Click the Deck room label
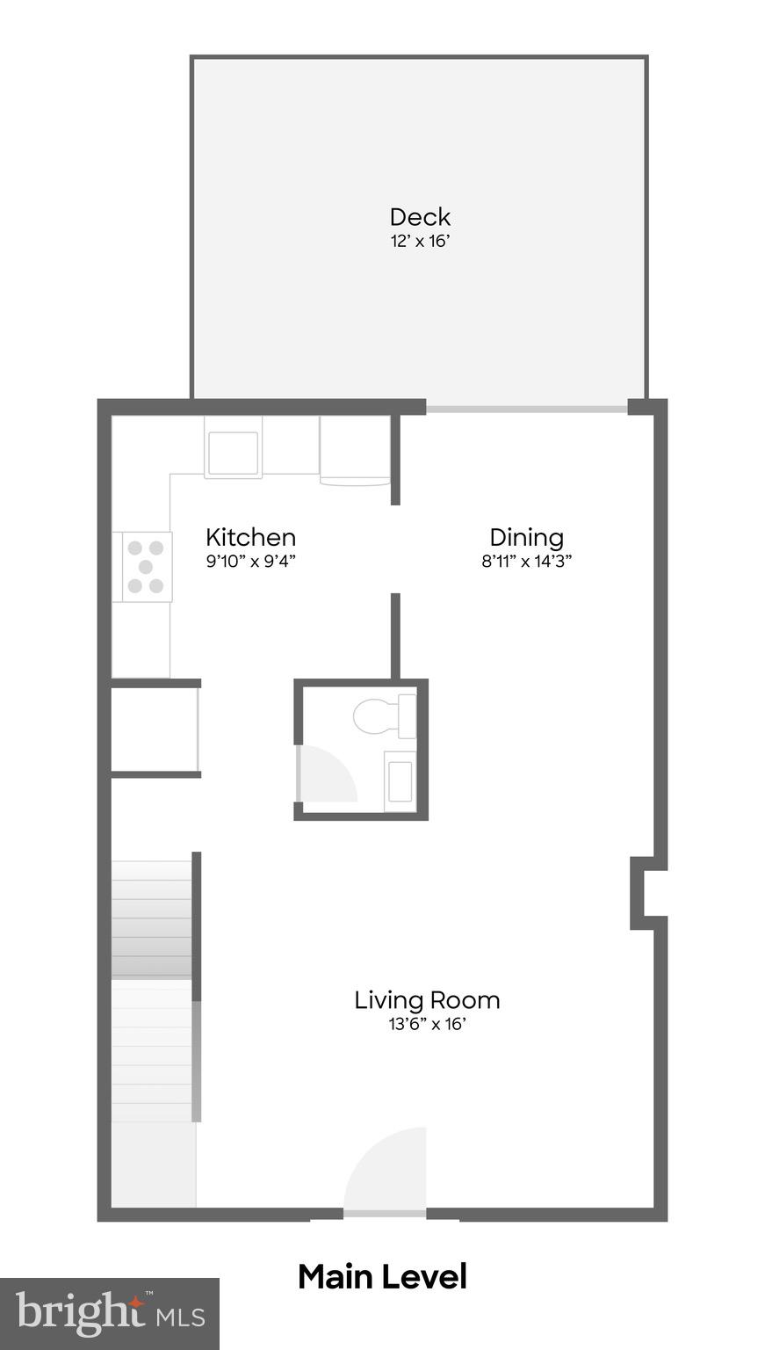coord(420,217)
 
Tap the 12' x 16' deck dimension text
coord(420,242)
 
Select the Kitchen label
coord(250,537)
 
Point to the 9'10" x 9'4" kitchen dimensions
coord(250,562)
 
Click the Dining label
coord(526,537)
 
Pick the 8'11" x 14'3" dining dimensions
coord(526,562)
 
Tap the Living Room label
coord(427,999)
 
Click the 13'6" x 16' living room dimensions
coord(427,1024)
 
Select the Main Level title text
coord(382,1277)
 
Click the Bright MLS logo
coord(109,1314)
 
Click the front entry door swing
coord(386,1171)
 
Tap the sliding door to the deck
coord(527,409)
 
